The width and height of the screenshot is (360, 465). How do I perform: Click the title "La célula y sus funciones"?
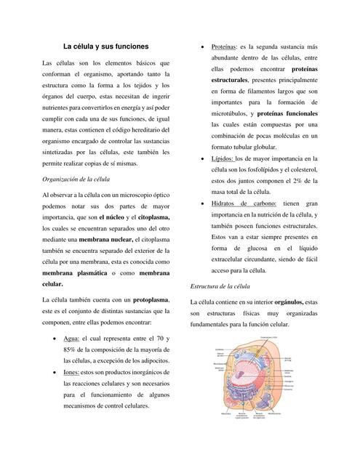(105, 46)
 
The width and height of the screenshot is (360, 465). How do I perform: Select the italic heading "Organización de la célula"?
(76, 178)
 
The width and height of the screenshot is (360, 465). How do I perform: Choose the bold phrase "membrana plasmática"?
(74, 272)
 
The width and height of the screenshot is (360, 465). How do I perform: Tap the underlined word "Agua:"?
(71, 339)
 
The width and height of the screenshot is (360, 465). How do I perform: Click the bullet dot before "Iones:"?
(57, 372)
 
